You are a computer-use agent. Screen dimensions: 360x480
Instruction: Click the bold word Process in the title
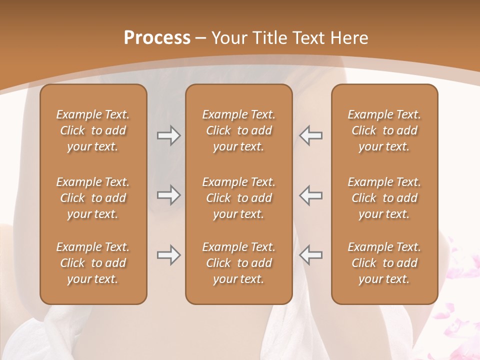(x=157, y=38)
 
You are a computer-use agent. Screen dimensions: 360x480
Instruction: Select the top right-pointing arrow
(x=169, y=135)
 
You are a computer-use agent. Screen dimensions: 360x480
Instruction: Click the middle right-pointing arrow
(x=169, y=195)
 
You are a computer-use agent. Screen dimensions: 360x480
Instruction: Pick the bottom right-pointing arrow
(x=169, y=255)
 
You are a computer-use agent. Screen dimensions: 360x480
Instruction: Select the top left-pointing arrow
(x=310, y=135)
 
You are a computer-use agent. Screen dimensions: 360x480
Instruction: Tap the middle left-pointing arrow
(x=310, y=195)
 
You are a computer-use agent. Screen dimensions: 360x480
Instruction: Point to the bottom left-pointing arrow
(x=310, y=255)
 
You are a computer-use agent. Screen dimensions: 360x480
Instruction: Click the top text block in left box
(x=93, y=130)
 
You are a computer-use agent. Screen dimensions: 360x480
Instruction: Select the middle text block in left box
(x=93, y=198)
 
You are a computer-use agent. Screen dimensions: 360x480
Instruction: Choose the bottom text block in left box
(x=93, y=263)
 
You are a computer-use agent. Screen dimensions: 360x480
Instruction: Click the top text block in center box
(x=238, y=130)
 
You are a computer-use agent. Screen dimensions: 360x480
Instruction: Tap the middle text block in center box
(x=238, y=198)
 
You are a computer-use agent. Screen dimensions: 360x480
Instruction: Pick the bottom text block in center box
(x=238, y=263)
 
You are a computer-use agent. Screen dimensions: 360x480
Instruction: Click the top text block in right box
(x=384, y=130)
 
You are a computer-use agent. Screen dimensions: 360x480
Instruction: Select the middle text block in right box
(x=384, y=198)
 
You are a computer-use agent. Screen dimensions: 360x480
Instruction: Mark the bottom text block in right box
(x=384, y=263)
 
